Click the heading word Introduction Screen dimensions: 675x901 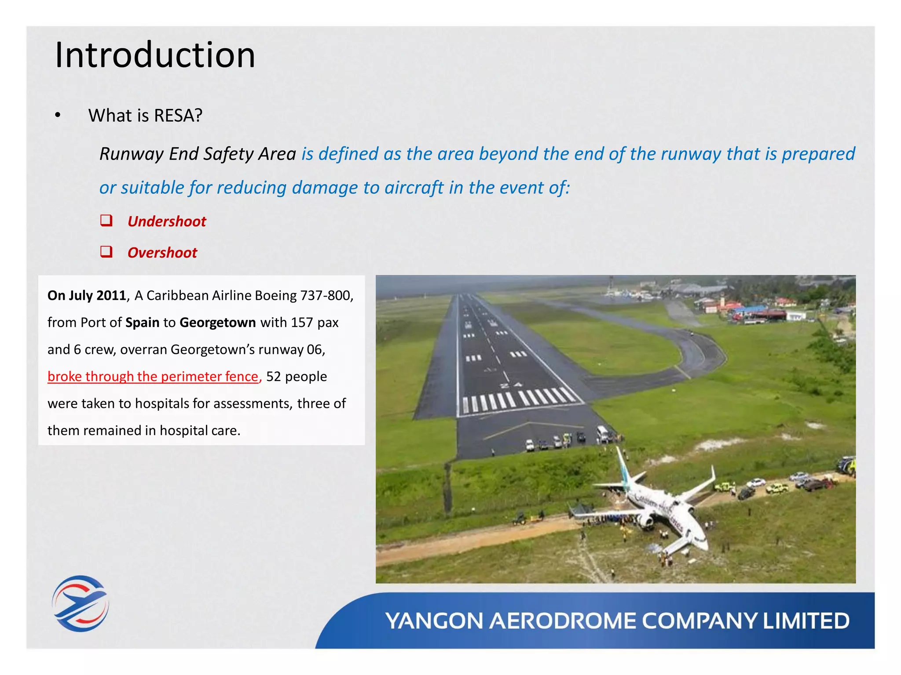tap(155, 55)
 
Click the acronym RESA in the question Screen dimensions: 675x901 tap(178, 116)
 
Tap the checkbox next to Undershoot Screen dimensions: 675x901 tap(106, 220)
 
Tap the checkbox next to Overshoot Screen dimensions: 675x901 tap(106, 252)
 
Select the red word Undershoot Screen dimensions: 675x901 tap(167, 221)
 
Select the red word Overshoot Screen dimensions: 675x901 tap(162, 253)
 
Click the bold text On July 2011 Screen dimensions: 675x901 tap(87, 295)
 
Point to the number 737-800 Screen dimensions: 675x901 tap(326, 295)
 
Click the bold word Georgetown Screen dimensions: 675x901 tap(217, 323)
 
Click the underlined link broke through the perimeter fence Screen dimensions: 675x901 tap(153, 377)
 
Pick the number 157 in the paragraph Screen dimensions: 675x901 tap(301, 323)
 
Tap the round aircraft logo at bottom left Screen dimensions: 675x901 tap(80, 603)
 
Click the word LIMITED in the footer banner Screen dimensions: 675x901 tap(806, 621)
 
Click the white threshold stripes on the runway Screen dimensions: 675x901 tap(519, 399)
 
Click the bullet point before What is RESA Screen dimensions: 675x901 tap(58, 116)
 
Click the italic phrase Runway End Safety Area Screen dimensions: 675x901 tap(198, 154)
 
